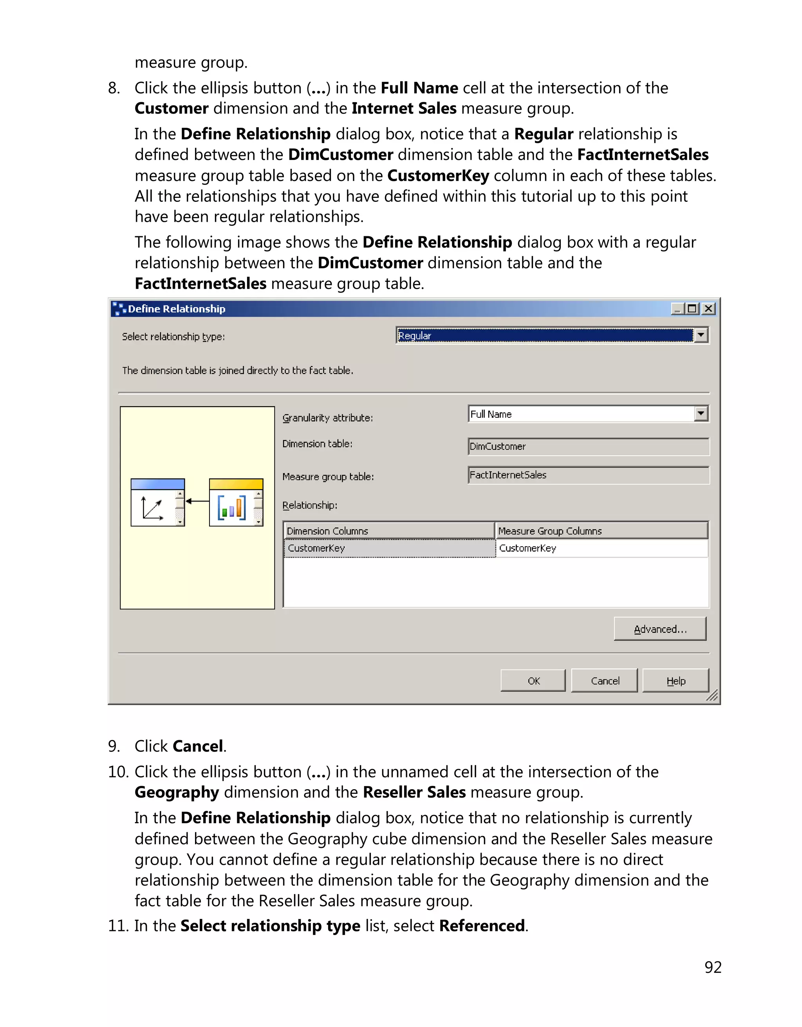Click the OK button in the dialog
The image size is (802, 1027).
pos(533,681)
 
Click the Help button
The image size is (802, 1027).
pos(675,681)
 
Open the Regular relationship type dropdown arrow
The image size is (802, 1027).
pos(701,335)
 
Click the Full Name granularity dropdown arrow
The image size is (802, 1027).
pos(701,414)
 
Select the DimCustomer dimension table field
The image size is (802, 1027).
pos(588,446)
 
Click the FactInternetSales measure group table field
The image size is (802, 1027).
pos(588,475)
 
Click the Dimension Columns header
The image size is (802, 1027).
pos(389,531)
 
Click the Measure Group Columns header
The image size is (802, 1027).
pos(601,531)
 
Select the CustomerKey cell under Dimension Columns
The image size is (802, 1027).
pos(389,548)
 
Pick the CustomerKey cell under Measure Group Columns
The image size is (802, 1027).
pos(601,548)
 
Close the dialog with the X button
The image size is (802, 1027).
pos(708,308)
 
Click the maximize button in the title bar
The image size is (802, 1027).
pos(692,308)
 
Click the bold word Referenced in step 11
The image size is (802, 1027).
pos(482,926)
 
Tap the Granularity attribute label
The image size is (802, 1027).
pos(327,418)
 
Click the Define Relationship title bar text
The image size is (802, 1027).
pos(177,309)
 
